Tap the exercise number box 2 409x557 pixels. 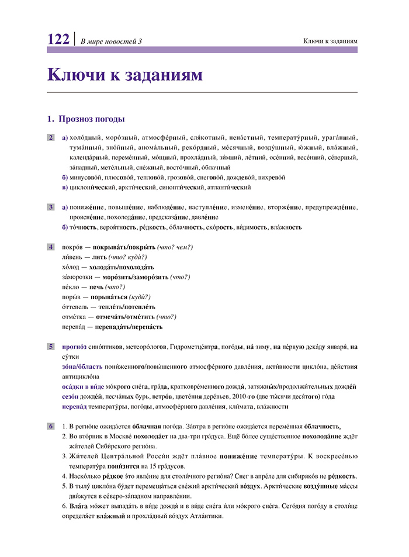51,138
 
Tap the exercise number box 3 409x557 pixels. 51,207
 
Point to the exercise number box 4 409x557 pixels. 51,247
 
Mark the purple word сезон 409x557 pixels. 72,396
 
